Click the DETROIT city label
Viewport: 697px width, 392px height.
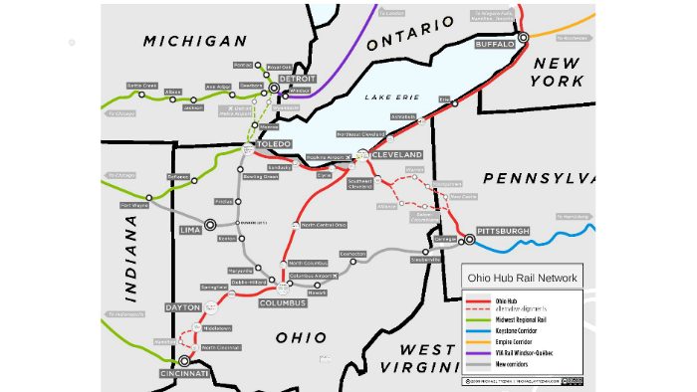298,78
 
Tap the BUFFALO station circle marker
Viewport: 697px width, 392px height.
524,37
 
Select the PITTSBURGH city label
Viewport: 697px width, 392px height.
503,231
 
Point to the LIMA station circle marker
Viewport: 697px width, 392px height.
210,225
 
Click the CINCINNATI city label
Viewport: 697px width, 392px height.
184,373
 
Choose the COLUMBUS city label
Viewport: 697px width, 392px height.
282,302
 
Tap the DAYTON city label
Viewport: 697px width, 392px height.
183,307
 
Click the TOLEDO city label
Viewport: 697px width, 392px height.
273,144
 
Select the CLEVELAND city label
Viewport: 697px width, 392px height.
397,155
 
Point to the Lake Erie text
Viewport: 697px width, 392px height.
386,97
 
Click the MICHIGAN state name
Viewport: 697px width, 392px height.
194,41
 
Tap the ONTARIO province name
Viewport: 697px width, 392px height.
403,39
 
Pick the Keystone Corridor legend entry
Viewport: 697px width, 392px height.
522,328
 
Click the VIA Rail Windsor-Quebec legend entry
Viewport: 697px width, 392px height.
528,352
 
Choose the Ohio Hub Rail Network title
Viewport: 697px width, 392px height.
521,278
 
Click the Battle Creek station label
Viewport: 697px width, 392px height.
142,86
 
